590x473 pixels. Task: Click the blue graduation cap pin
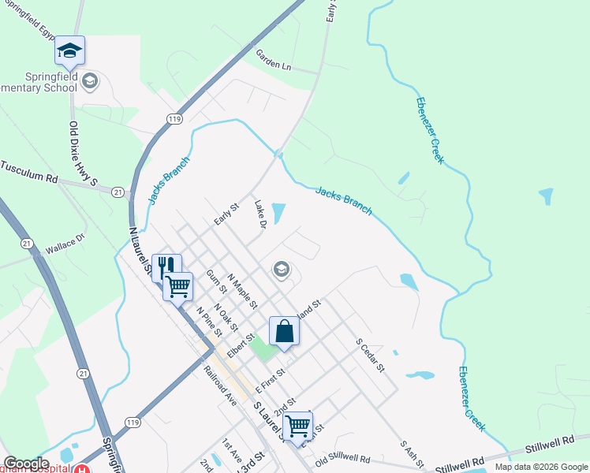[x=69, y=51]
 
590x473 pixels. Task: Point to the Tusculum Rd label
[x=30, y=173]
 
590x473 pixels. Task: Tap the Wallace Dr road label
[x=65, y=248]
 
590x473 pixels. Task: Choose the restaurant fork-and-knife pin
[x=166, y=266]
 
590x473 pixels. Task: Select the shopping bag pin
[x=284, y=331]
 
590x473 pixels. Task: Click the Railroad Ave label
[x=220, y=385]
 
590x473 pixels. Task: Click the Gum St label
[x=215, y=283]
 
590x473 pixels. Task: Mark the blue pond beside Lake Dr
[x=278, y=213]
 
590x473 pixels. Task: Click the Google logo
[x=25, y=464]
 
